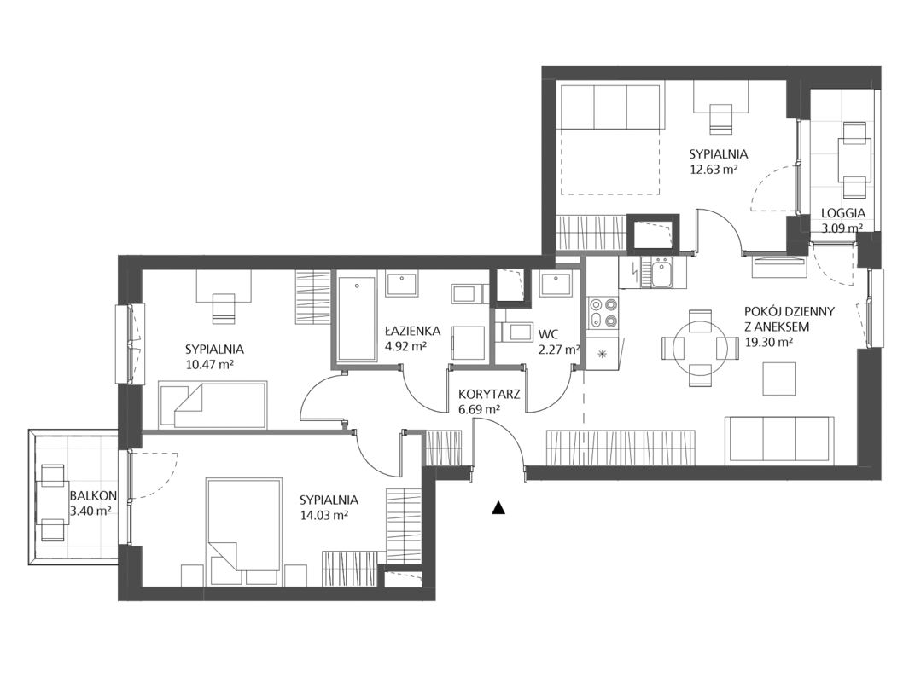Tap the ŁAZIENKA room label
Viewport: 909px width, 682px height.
tap(411, 331)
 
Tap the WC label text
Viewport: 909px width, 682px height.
tap(547, 333)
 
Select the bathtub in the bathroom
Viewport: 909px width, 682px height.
tap(357, 318)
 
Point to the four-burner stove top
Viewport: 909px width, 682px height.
tap(603, 312)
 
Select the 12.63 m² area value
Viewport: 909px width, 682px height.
tap(714, 169)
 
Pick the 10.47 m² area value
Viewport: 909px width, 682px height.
tap(209, 364)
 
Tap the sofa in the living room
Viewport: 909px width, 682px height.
tap(779, 440)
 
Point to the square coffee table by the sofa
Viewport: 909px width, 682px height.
tap(779, 378)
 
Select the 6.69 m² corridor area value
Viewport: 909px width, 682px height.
tap(479, 409)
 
